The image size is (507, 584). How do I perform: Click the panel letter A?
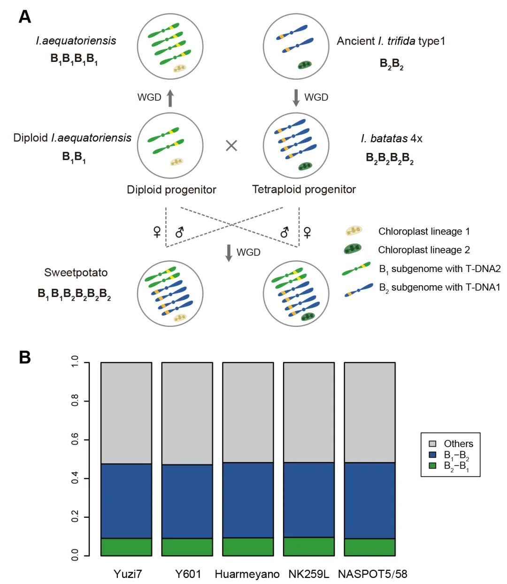(x=24, y=17)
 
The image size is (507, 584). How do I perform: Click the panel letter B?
(x=24, y=357)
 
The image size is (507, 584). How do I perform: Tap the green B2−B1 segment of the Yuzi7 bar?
(x=126, y=547)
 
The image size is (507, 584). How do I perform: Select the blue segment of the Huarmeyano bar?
(x=248, y=500)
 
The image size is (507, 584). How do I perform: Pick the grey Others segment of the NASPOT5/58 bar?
(x=369, y=412)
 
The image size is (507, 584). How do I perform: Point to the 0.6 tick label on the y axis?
(x=75, y=439)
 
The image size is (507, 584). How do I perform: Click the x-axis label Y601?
(x=188, y=574)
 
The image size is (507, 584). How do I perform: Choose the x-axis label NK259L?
(x=308, y=574)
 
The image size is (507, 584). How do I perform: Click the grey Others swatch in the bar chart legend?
(x=432, y=443)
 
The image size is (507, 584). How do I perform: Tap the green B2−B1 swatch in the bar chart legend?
(x=432, y=465)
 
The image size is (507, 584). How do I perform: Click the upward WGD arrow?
(x=170, y=98)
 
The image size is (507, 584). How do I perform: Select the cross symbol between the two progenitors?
(x=231, y=145)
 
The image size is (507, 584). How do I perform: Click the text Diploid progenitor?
(x=171, y=190)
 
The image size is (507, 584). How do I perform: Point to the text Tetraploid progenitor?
(x=304, y=189)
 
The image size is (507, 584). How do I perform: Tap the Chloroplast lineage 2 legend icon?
(x=352, y=249)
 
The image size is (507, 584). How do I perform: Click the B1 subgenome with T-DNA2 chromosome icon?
(x=356, y=269)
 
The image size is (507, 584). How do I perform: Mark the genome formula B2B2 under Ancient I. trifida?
(x=391, y=64)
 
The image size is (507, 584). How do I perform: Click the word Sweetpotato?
(x=76, y=273)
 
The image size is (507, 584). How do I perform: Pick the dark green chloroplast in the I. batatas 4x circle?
(x=305, y=166)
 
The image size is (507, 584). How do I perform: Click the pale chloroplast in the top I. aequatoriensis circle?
(x=180, y=68)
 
